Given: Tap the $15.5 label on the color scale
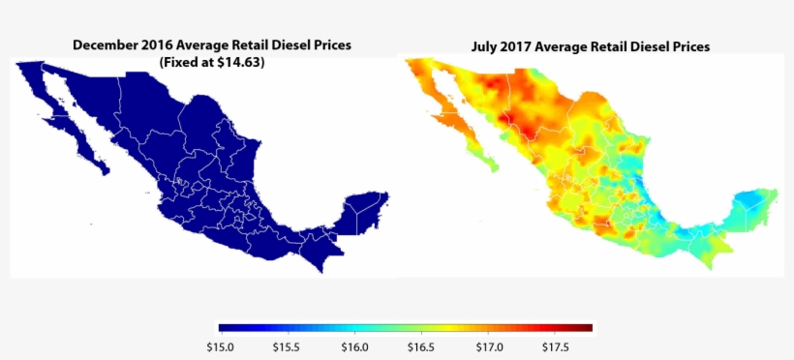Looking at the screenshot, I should (x=287, y=346).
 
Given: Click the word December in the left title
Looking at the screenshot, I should (x=108, y=45).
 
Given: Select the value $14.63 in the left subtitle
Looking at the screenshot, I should (x=242, y=62).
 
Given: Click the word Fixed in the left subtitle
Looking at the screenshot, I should (x=179, y=62).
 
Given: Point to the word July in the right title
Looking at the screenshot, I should (x=487, y=46).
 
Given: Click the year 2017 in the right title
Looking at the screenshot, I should (x=523, y=46).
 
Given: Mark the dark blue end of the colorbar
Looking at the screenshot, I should (x=225, y=328).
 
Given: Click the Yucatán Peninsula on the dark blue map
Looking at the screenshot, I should (x=368, y=208).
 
